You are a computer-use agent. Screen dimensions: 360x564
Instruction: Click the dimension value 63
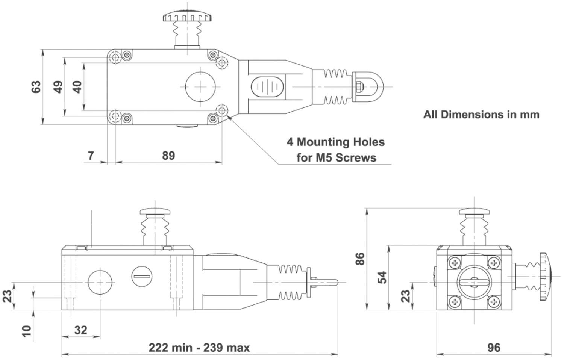36,87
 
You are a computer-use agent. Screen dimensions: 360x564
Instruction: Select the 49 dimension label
58,87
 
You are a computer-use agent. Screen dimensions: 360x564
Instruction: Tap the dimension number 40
77,87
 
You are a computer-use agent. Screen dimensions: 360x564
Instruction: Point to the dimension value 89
168,156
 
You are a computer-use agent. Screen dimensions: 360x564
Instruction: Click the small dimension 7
91,155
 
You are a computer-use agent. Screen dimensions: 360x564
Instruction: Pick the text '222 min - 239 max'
199,348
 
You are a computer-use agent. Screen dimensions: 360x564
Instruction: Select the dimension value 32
81,330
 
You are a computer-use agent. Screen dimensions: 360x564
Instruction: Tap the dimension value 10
26,331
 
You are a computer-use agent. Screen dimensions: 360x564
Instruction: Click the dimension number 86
360,259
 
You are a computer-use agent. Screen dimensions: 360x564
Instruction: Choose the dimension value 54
382,277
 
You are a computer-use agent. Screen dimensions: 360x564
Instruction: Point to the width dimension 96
494,348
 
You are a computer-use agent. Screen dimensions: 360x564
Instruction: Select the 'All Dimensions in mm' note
481,115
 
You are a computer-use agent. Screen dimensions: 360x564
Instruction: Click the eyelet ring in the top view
369,86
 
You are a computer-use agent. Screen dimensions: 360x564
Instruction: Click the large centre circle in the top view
200,87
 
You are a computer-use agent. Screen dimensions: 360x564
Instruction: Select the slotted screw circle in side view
142,276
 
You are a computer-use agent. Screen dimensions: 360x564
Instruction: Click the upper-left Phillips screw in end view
455,263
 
